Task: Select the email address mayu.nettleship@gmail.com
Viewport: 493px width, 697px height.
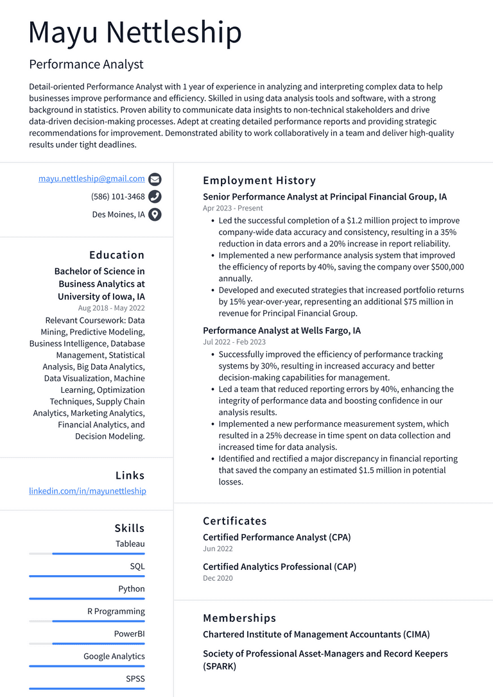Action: coord(91,178)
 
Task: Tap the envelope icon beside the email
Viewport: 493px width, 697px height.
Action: coord(155,179)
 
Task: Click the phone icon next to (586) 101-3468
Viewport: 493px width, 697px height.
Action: coord(155,197)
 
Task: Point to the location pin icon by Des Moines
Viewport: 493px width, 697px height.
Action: coord(155,215)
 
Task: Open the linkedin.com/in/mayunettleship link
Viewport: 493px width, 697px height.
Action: coord(87,491)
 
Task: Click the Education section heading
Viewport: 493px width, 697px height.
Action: coord(117,255)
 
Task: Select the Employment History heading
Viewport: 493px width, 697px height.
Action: coord(259,180)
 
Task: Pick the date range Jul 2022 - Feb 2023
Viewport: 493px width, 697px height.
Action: coord(234,342)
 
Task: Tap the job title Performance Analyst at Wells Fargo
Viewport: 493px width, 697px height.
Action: coord(282,331)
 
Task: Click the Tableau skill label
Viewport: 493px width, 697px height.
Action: coord(130,544)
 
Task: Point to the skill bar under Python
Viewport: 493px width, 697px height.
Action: coord(87,598)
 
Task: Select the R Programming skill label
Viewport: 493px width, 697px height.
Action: coord(116,611)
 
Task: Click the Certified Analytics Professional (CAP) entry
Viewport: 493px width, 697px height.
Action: coord(279,567)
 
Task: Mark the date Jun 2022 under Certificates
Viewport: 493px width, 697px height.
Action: coord(218,549)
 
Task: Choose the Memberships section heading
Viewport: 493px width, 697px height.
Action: coord(239,618)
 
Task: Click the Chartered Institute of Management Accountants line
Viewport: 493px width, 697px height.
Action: coord(316,634)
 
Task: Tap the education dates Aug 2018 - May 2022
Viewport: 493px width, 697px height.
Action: coord(111,308)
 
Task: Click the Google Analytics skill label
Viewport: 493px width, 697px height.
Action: coord(114,656)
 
